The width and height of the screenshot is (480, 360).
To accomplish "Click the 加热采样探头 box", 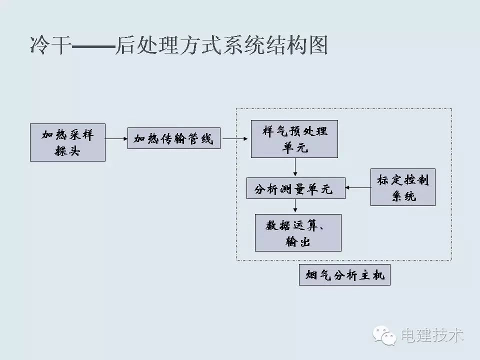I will pyautogui.click(x=67, y=142).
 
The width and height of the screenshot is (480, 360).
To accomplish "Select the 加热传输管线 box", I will pyautogui.click(x=173, y=138).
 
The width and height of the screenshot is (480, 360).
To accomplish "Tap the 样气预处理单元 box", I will pyautogui.click(x=294, y=139).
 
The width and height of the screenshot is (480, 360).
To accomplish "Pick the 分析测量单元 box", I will pyautogui.click(x=295, y=188).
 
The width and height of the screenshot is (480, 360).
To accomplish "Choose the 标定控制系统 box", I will pyautogui.click(x=402, y=187).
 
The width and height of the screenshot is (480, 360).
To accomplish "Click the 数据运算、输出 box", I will pyautogui.click(x=298, y=232).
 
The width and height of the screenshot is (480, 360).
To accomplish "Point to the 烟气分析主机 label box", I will pyautogui.click(x=344, y=275).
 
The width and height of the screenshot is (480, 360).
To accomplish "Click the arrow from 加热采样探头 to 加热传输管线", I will pyautogui.click(x=116, y=139).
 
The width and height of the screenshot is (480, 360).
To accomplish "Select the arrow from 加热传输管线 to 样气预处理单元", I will pyautogui.click(x=234, y=139).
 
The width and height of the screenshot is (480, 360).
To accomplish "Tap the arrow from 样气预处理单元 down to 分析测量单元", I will pyautogui.click(x=295, y=167).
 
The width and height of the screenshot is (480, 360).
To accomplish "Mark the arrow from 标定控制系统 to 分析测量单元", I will pyautogui.click(x=357, y=188).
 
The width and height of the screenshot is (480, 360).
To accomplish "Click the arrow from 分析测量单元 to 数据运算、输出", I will pyautogui.click(x=295, y=206).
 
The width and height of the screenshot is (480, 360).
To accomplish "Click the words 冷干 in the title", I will pyautogui.click(x=48, y=45).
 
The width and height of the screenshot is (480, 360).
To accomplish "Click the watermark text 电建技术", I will pyautogui.click(x=431, y=334).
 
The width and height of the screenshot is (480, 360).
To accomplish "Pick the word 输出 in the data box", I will pyautogui.click(x=298, y=241).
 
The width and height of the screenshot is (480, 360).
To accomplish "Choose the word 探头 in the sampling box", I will pyautogui.click(x=67, y=150).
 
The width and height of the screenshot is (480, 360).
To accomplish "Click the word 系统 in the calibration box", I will pyautogui.click(x=403, y=196).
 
